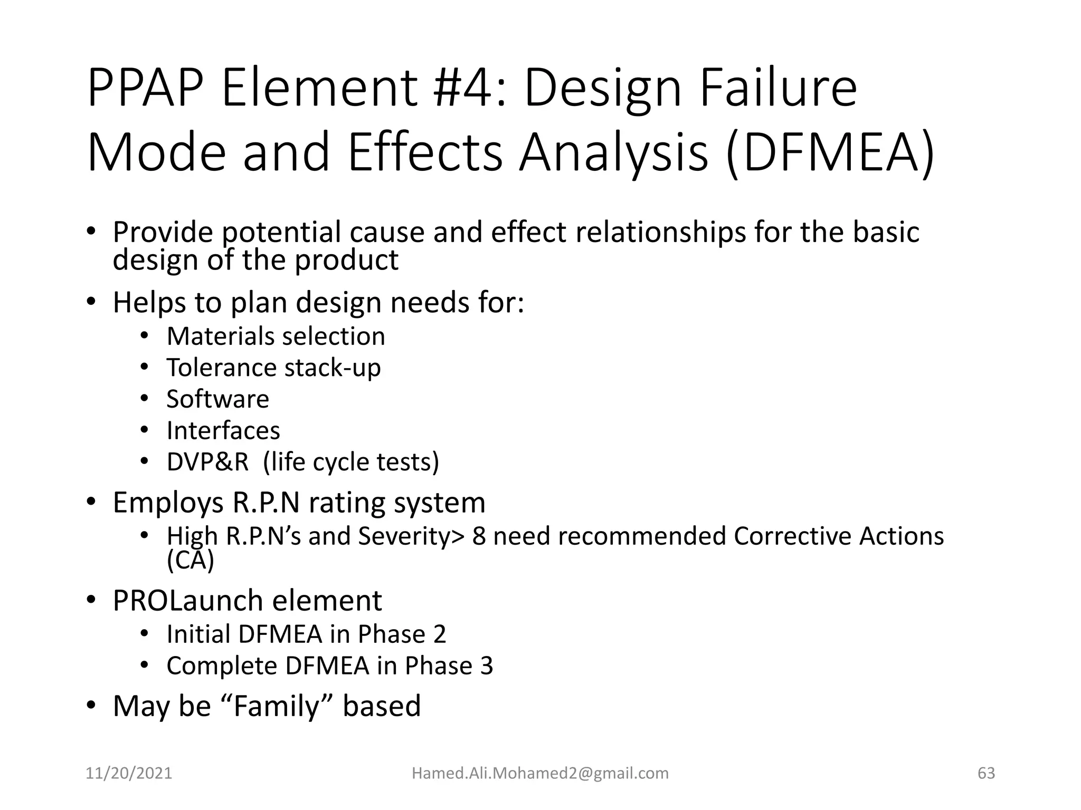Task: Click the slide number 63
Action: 986,773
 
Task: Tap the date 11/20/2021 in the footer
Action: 129,773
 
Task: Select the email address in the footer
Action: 540,773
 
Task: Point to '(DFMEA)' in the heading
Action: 830,153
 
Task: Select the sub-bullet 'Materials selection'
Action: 276,336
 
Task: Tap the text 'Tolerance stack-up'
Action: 273,368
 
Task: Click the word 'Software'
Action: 217,399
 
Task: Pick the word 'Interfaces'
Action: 223,430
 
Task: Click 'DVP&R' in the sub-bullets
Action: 207,462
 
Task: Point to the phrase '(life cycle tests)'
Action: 351,462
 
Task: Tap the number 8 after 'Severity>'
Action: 479,536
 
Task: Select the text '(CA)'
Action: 190,560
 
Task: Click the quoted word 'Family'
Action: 277,706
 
